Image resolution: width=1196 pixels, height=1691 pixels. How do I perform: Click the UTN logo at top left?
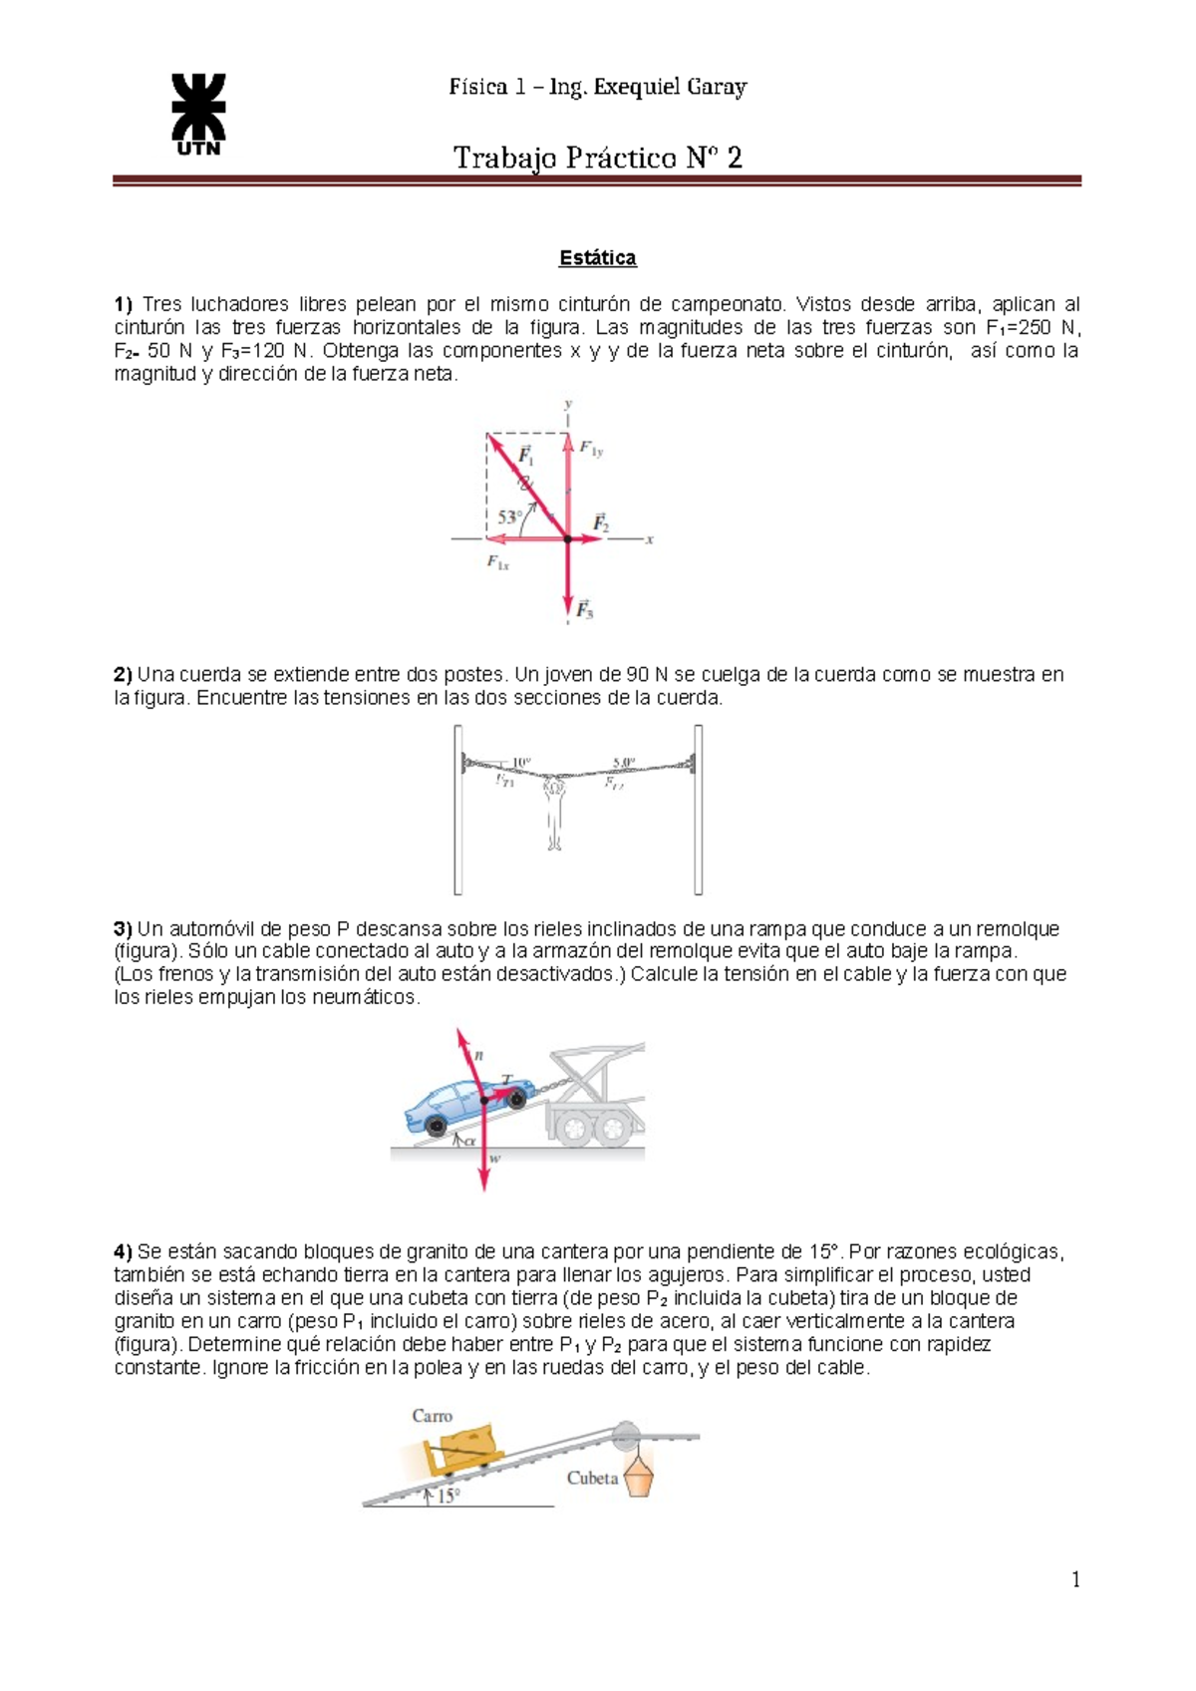[x=198, y=114]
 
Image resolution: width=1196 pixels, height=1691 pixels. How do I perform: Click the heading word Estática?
[x=597, y=258]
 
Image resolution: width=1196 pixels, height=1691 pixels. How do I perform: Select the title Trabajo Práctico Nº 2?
[x=597, y=158]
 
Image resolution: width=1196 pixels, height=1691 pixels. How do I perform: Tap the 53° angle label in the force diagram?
[x=509, y=517]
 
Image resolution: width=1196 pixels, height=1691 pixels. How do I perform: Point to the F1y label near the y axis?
[x=591, y=450]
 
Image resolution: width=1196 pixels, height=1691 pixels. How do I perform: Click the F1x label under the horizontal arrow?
[x=497, y=563]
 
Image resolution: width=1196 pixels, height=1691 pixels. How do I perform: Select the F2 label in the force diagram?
[x=601, y=522]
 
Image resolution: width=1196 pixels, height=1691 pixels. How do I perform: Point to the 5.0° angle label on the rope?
[x=624, y=763]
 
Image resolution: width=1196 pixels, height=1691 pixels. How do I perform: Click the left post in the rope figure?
[x=458, y=810]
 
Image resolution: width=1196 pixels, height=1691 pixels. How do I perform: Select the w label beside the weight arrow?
[x=495, y=1159]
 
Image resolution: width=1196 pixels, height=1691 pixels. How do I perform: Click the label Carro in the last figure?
[x=432, y=1416]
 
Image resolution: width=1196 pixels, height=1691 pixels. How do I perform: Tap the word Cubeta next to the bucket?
[x=592, y=1478]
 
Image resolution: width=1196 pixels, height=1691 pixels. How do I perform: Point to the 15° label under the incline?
[x=448, y=1496]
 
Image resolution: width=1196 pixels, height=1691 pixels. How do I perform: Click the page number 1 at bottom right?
[x=1075, y=1578]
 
